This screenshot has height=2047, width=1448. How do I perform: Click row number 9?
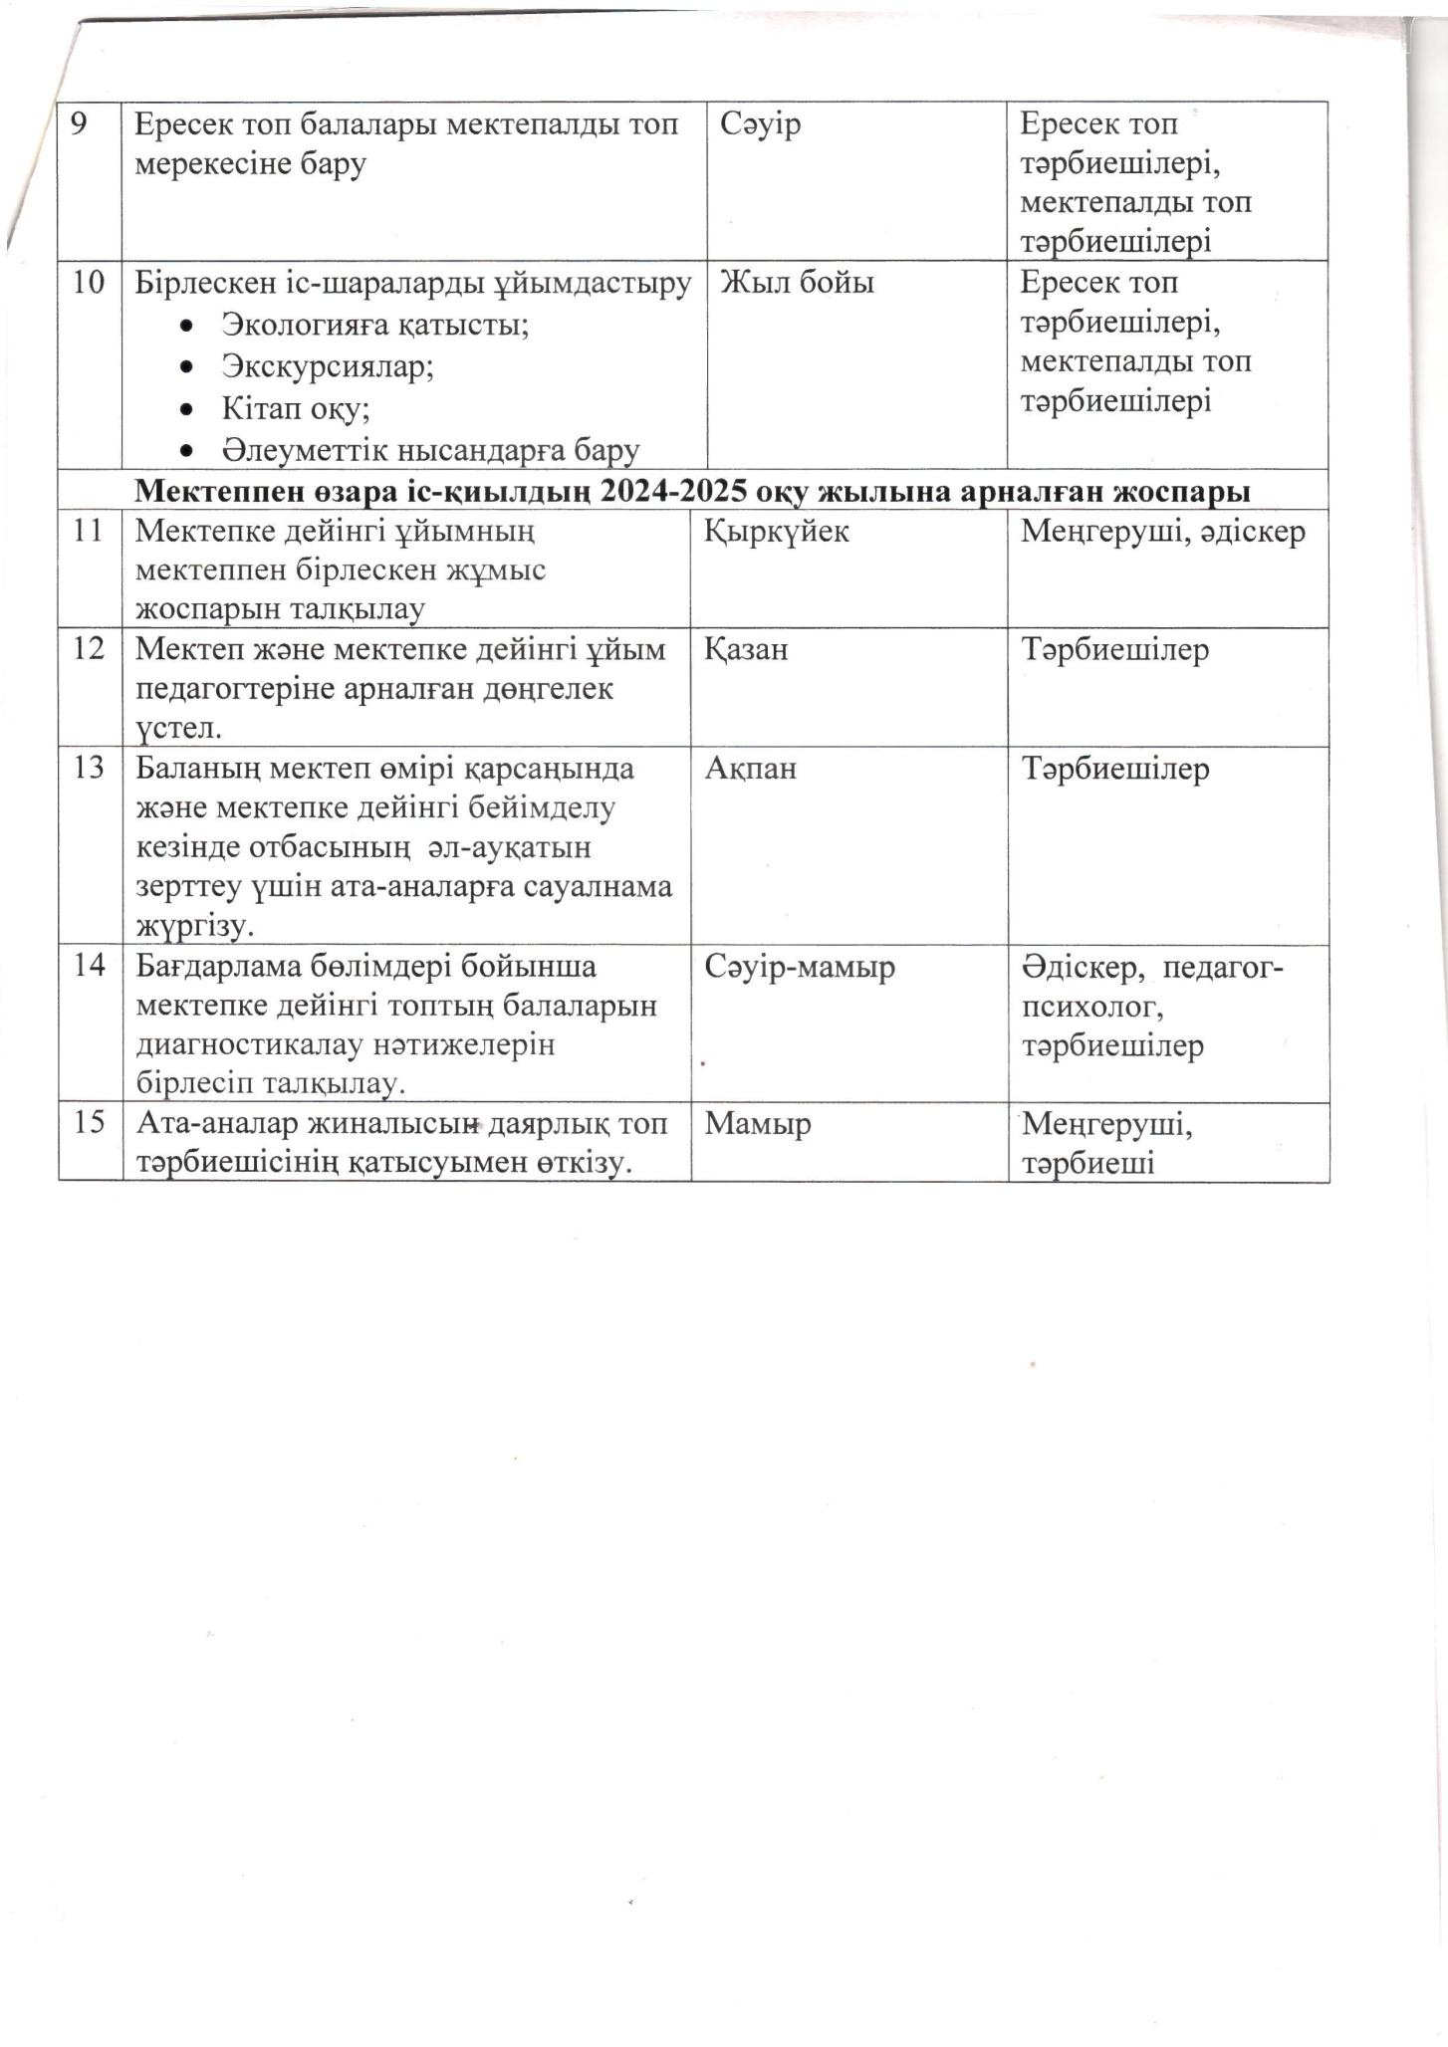79,125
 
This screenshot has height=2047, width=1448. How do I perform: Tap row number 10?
89,283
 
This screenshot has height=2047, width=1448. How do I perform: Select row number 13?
89,769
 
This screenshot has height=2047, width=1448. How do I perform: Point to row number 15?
89,1123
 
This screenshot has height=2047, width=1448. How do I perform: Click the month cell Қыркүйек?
777,532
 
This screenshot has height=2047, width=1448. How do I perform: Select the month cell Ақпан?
750,769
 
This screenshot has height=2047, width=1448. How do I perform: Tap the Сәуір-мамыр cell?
800,967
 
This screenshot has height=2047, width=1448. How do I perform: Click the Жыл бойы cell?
797,284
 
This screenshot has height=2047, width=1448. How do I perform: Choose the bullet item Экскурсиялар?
328,366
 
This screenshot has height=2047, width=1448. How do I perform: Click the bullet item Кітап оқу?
296,408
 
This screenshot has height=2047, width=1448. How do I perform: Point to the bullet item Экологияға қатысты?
374,325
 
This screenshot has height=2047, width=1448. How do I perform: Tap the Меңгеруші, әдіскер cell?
1162,532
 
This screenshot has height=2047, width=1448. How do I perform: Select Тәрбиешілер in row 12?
1114,650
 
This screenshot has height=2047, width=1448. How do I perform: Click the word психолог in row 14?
1091,1007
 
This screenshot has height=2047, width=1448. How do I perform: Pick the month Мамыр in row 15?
758,1124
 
